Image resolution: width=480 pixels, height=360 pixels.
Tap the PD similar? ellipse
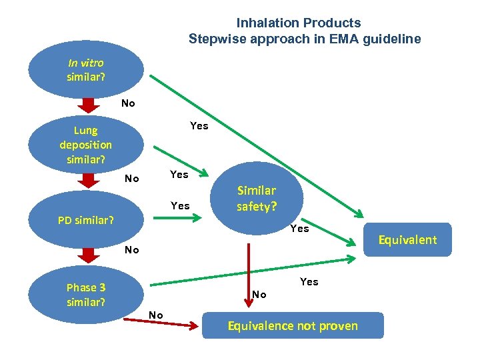(86, 219)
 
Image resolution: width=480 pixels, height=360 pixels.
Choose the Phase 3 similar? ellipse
(86, 294)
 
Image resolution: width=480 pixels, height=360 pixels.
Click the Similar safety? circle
(257, 198)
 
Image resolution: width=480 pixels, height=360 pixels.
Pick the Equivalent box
(409, 240)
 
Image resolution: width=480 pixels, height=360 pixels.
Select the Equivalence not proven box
(293, 325)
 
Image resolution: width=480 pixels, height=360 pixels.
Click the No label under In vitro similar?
(128, 103)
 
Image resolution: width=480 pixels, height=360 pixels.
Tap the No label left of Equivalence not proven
(156, 315)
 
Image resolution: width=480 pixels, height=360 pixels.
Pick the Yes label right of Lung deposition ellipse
(199, 125)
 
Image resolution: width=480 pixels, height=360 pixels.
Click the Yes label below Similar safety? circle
(300, 228)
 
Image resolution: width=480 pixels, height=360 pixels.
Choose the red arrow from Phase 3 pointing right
(173, 322)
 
